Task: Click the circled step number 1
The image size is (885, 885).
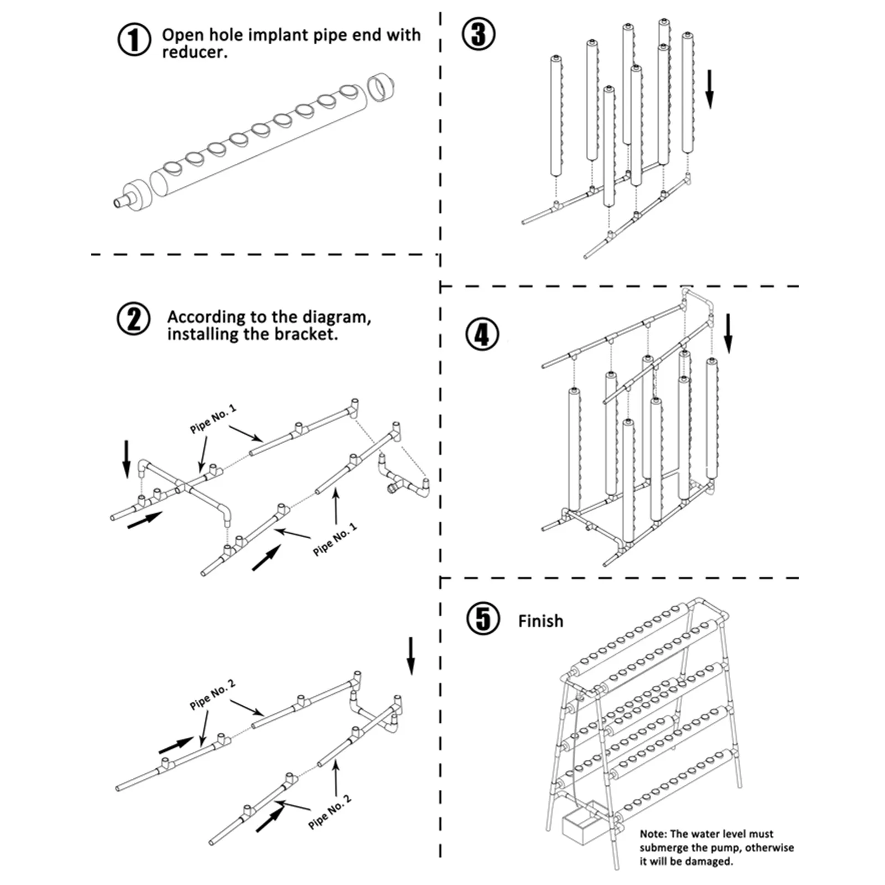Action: pyautogui.click(x=134, y=40)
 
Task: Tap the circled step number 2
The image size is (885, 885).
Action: pyautogui.click(x=133, y=319)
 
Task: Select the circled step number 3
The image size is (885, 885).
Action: pyautogui.click(x=478, y=34)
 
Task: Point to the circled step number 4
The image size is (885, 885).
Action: pyautogui.click(x=482, y=335)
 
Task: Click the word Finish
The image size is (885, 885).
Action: pyautogui.click(x=540, y=621)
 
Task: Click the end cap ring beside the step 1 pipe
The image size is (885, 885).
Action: pyautogui.click(x=381, y=88)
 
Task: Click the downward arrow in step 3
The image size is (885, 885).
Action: pyautogui.click(x=709, y=89)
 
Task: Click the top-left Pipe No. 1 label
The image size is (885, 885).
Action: pyautogui.click(x=213, y=419)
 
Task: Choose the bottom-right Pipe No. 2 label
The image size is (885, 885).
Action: pyautogui.click(x=330, y=811)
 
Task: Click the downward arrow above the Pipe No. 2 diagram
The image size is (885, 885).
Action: pyautogui.click(x=410, y=655)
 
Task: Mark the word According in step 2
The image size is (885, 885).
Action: pyautogui.click(x=207, y=317)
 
